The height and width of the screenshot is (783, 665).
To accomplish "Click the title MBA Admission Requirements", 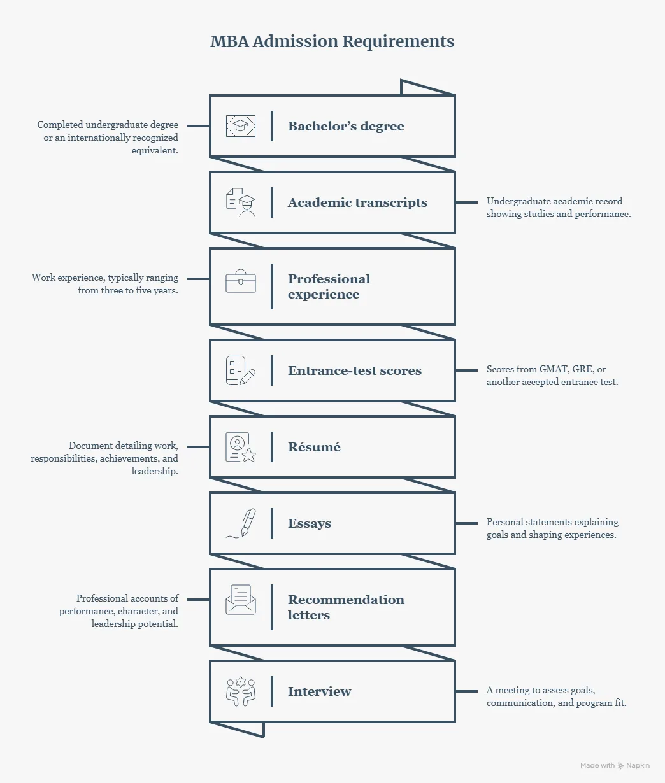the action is click(332, 41).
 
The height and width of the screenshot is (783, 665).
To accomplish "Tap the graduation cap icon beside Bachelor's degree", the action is click(240, 126).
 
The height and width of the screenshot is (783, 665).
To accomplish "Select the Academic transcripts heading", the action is click(357, 202).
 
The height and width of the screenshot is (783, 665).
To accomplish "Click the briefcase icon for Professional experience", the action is click(240, 281).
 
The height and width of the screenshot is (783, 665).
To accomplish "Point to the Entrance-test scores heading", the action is click(355, 370).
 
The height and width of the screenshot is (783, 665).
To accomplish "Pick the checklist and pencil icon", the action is click(240, 370).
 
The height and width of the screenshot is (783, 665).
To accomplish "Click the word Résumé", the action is click(314, 447).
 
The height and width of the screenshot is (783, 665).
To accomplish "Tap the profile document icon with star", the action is click(240, 447).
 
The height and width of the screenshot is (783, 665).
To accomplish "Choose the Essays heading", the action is click(310, 523).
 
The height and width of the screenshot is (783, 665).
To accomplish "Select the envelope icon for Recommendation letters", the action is click(240, 600).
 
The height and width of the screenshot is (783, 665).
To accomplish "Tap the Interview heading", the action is click(319, 691).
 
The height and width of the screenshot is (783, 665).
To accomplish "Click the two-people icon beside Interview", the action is click(240, 691).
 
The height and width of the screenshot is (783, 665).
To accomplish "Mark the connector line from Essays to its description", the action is click(466, 523).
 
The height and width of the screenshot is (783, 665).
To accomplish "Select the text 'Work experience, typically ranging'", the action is click(104, 278).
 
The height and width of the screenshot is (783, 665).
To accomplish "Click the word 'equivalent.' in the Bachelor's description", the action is click(155, 150).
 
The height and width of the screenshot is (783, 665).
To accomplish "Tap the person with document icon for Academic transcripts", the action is click(240, 202).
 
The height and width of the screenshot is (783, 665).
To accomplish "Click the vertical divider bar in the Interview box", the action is click(272, 691).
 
